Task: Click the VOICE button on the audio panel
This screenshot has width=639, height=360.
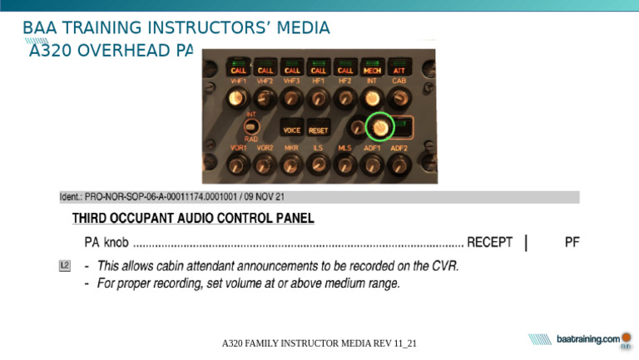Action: [x=292, y=130]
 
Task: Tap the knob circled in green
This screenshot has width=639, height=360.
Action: [x=379, y=126]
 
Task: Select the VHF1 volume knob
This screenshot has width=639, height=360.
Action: [x=238, y=100]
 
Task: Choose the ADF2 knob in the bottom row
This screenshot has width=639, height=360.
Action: [x=399, y=165]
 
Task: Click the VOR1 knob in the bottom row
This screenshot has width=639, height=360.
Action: [x=238, y=165]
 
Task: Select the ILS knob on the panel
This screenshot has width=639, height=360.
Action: [x=318, y=165]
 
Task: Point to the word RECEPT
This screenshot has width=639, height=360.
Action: [x=489, y=243]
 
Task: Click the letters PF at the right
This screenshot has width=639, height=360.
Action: [x=572, y=243]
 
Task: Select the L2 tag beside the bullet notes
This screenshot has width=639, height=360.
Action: [x=66, y=266]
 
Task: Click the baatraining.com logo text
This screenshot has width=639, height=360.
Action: [x=587, y=339]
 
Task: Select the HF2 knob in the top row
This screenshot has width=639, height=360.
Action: [x=345, y=100]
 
